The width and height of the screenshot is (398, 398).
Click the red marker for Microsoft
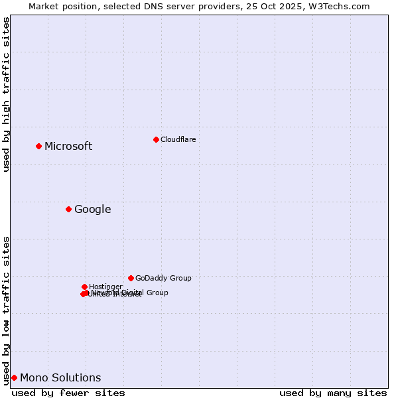(x=38, y=146)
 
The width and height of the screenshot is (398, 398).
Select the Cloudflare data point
(x=156, y=139)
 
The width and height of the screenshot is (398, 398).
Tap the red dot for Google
(x=68, y=210)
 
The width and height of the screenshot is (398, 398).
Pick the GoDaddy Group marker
(x=131, y=278)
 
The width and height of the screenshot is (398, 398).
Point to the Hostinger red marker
(x=84, y=287)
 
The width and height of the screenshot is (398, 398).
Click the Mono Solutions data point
(x=14, y=377)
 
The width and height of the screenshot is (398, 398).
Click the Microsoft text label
(x=68, y=147)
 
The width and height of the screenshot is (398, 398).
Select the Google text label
(x=92, y=210)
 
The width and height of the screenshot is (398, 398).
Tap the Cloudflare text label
(x=178, y=139)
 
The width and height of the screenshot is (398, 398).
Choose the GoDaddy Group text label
(x=163, y=278)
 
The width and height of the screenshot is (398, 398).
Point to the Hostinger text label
(x=105, y=287)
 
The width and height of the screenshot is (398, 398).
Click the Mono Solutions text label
(x=60, y=378)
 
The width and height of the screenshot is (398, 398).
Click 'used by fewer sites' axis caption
(x=68, y=393)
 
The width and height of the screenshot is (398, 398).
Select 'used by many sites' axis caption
(x=333, y=393)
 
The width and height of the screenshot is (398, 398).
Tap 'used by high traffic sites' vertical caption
(x=6, y=94)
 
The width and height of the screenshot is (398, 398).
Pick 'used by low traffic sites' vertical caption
(x=6, y=310)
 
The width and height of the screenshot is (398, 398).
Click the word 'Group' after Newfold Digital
(x=157, y=293)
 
